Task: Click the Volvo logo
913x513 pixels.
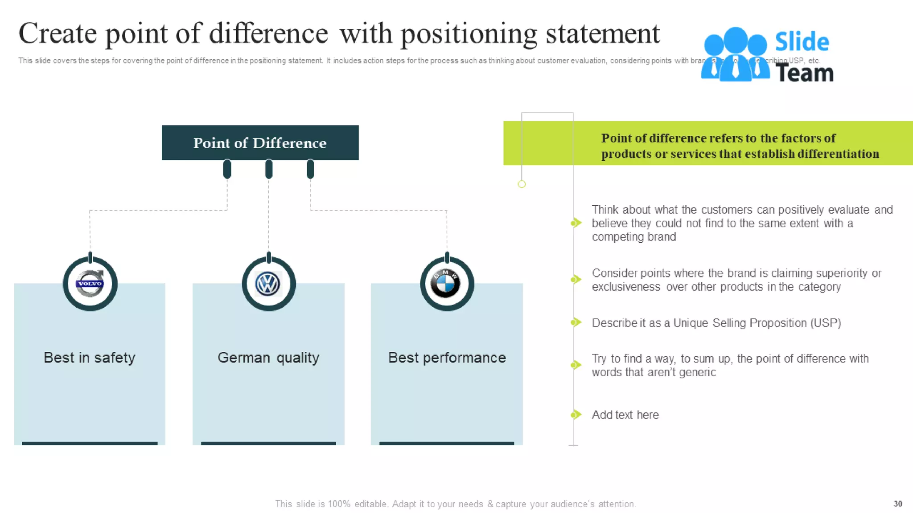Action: click(90, 284)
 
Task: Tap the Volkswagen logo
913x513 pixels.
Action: click(268, 284)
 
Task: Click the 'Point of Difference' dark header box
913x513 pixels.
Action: click(260, 142)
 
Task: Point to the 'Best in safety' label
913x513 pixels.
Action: click(90, 358)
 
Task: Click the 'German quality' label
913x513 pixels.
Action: click(268, 358)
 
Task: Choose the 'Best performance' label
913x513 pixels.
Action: click(447, 358)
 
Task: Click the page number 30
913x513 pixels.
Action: click(897, 504)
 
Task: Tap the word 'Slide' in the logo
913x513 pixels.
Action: click(802, 42)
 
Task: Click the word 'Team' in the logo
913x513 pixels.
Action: click(804, 73)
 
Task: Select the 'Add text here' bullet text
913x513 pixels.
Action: click(625, 415)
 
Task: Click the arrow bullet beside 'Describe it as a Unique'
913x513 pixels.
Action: click(576, 322)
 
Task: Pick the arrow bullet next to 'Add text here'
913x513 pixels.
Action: click(576, 415)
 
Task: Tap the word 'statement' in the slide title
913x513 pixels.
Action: click(602, 33)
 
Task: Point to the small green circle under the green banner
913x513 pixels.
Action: click(522, 184)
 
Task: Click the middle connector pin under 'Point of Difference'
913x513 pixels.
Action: click(269, 169)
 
